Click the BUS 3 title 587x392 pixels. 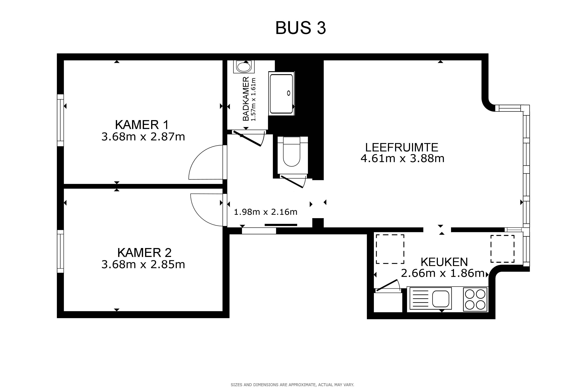pos(301,28)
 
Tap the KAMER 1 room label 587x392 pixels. pos(142,125)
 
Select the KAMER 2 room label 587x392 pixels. pos(145,252)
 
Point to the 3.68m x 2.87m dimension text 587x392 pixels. pos(143,137)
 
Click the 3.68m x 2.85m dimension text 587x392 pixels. pos(143,264)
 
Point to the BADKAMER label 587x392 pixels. pos(246,99)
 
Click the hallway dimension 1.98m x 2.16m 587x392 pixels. pos(266,212)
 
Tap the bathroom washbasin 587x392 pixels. pos(244,67)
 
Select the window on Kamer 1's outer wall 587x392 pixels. pos(60,120)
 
